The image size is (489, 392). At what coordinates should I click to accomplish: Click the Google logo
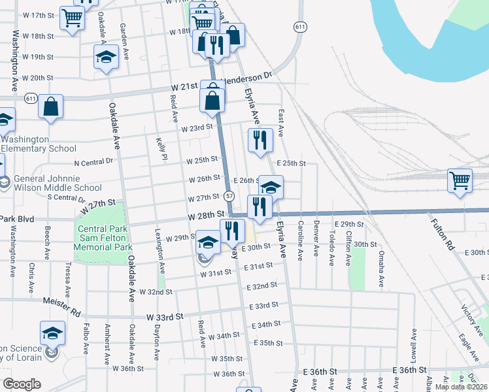coord(22,384)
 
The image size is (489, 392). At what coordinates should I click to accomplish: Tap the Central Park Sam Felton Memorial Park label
coord(101,238)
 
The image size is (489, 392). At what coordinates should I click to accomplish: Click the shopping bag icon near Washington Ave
coord(50,106)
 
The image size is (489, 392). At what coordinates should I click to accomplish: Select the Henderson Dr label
coord(248,78)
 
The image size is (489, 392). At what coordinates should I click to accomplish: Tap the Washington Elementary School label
coord(39,144)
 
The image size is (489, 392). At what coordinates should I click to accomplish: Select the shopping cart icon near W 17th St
coord(72,18)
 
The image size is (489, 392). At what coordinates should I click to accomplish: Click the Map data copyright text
coord(461,387)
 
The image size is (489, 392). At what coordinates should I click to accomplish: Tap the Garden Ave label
coord(122,38)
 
